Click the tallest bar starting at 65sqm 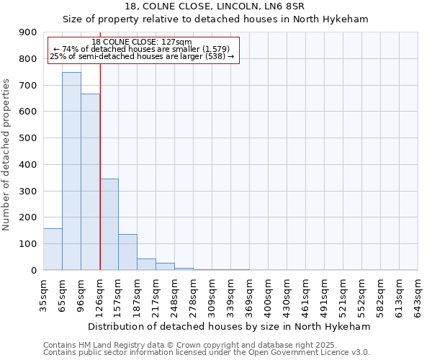71,171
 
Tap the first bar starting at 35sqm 53,249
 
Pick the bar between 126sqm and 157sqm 109,225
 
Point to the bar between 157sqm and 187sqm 127,252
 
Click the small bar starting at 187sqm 146,264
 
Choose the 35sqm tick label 44,293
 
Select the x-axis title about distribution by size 230,327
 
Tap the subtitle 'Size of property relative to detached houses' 215,19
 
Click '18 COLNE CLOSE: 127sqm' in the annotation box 142,42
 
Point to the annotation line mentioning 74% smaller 142,49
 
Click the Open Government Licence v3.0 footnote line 207,353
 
